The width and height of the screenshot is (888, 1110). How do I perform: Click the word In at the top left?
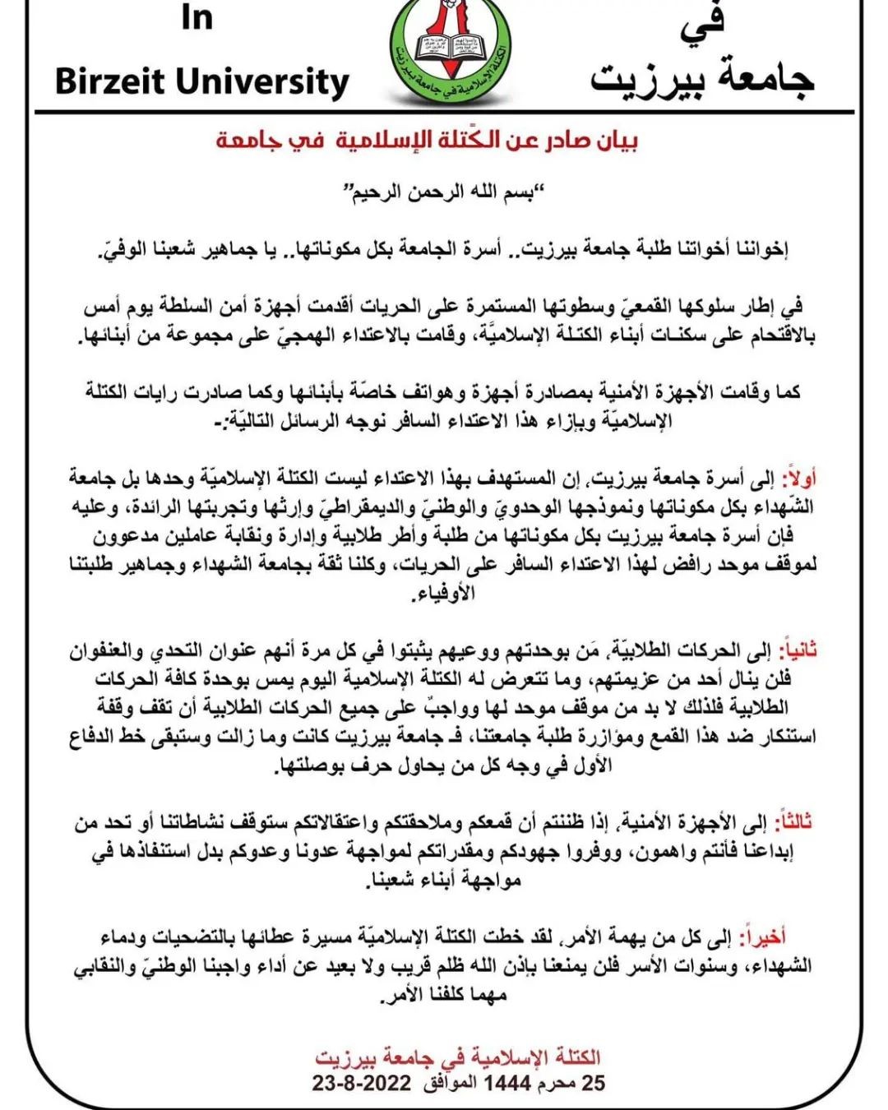[x=197, y=17]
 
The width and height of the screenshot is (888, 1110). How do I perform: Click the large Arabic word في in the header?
[x=702, y=21]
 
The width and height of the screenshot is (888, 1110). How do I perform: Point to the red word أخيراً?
[x=790, y=936]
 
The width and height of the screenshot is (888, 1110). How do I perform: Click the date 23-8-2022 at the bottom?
[x=361, y=1083]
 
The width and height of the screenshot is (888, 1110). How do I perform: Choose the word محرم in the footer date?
[x=559, y=1083]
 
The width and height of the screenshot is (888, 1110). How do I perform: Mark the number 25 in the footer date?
[x=594, y=1083]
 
